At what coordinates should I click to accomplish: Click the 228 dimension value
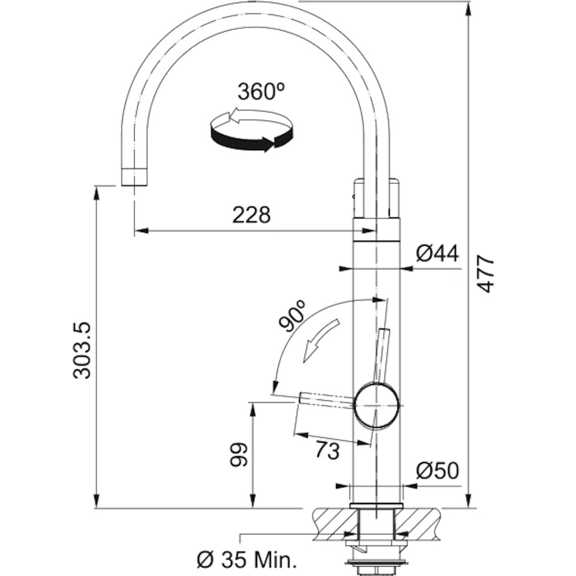click(252, 214)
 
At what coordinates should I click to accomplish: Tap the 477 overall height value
click(486, 273)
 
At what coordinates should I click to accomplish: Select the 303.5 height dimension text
click(84, 350)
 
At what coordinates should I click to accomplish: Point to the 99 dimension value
click(238, 454)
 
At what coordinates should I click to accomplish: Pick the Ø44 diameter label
click(437, 254)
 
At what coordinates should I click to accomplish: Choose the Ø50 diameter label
click(437, 470)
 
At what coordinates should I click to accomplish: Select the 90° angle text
click(293, 316)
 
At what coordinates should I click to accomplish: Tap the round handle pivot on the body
click(376, 405)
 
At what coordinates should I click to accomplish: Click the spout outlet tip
click(134, 177)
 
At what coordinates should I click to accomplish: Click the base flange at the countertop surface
click(376, 505)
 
